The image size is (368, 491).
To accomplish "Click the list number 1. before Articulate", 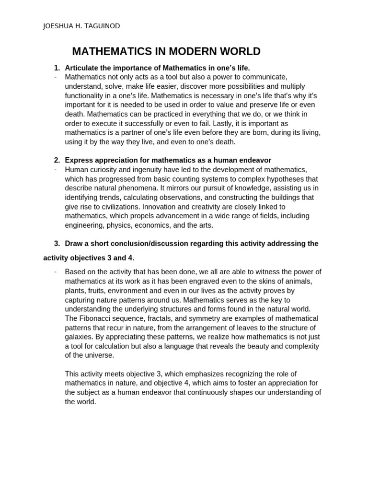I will (x=57, y=68).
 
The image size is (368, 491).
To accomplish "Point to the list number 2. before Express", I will (x=57, y=160).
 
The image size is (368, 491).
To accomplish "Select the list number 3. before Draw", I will (x=57, y=244).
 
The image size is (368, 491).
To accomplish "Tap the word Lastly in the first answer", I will (x=227, y=123).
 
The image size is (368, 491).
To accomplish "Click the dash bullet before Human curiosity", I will (x=56, y=169).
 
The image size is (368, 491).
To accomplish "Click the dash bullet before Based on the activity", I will (x=56, y=272).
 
